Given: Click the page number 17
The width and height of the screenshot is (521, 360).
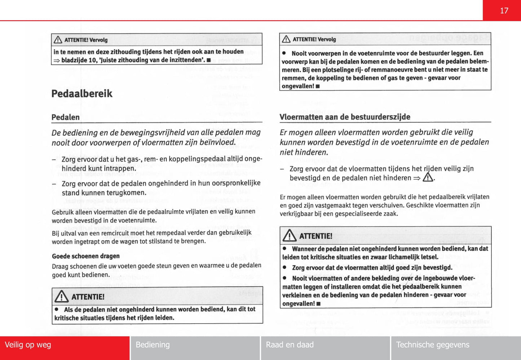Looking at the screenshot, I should click(x=504, y=11).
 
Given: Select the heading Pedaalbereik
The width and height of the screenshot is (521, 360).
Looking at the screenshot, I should click(x=82, y=94).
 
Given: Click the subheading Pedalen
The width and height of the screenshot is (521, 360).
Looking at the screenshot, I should click(x=66, y=117).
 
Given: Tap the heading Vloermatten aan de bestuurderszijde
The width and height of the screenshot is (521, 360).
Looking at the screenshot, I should click(x=345, y=117).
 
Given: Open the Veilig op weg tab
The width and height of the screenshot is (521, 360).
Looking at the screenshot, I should click(x=28, y=345).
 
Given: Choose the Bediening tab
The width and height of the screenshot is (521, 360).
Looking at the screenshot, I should click(x=153, y=345).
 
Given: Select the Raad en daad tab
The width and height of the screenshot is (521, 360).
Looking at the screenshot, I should click(x=290, y=345).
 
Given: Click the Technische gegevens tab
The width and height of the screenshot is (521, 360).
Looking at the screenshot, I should click(x=433, y=345).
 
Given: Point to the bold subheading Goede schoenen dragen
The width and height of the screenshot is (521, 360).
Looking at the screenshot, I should click(x=86, y=256).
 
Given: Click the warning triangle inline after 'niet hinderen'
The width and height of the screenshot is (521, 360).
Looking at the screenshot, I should click(x=428, y=177).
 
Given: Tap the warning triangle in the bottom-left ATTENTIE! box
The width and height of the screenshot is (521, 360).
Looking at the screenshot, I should click(x=62, y=297).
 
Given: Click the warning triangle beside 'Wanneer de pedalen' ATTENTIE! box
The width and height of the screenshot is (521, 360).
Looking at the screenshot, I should click(x=290, y=236).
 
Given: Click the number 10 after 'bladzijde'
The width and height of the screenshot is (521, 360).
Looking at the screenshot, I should click(x=92, y=60).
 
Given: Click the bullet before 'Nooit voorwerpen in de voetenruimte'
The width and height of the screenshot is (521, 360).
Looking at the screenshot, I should click(x=284, y=53).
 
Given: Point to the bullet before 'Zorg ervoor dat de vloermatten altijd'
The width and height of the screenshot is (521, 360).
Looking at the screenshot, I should click(x=285, y=268).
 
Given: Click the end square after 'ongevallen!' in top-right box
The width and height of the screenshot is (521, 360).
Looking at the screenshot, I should click(x=318, y=87).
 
